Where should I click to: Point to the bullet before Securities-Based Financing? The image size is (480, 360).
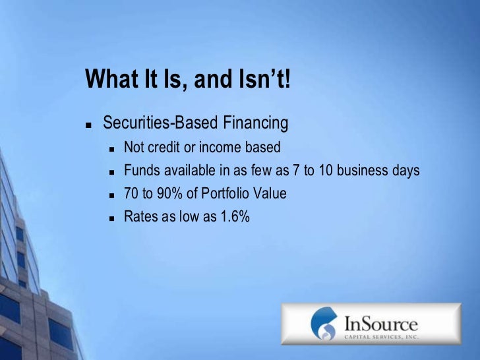(88, 125)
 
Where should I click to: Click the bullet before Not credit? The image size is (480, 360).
(111, 148)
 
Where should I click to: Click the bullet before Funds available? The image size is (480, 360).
(111, 172)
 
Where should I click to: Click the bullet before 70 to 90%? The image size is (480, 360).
(111, 195)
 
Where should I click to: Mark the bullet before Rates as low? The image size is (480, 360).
(111, 218)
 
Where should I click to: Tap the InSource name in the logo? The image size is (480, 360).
(380, 323)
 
